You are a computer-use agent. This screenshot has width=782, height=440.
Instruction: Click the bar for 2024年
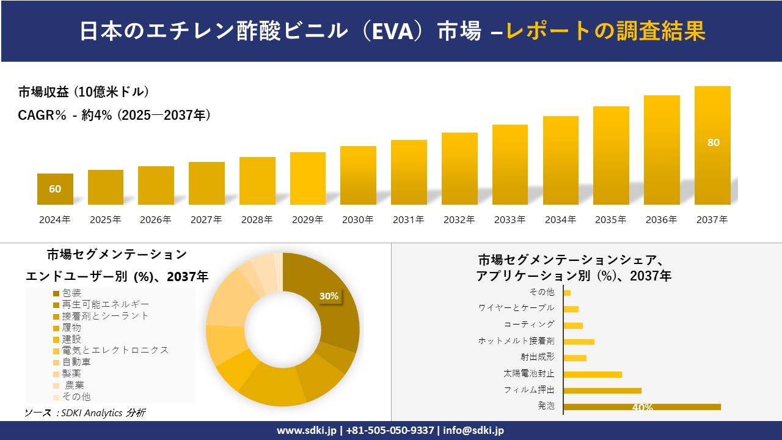(55, 189)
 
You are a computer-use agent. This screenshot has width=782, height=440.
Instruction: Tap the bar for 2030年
(358, 175)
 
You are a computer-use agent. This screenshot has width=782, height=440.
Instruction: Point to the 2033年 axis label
(510, 220)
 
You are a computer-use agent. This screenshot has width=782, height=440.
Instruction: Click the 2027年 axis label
(206, 220)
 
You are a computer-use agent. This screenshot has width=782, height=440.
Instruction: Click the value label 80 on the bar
(713, 142)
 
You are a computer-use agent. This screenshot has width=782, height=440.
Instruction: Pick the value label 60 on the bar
(55, 189)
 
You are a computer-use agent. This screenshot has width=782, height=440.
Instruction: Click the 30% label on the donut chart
(329, 296)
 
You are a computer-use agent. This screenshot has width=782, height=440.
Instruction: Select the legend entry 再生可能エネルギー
(105, 304)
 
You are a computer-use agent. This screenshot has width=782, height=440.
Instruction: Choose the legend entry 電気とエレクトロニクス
(115, 350)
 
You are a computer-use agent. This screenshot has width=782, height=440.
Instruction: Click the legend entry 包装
(71, 293)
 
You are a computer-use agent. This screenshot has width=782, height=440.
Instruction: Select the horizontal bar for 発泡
(641, 407)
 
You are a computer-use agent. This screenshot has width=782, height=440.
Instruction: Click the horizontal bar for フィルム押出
(602, 391)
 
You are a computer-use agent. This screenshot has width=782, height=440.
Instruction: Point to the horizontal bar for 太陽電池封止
(592, 374)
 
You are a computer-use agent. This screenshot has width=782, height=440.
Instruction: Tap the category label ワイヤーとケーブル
(516, 308)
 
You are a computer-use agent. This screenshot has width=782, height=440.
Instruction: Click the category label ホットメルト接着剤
(516, 341)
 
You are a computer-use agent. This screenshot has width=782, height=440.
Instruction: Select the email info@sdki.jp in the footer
(475, 430)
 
